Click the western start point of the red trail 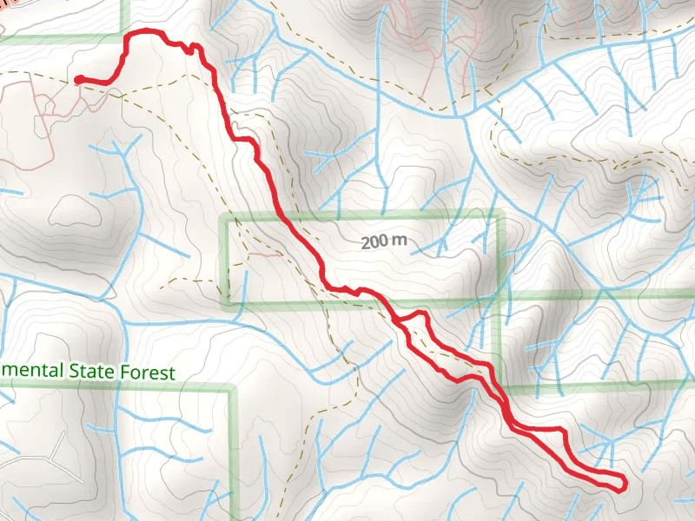pyautogui.click(x=79, y=80)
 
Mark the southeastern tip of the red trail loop pyautogui.click(x=623, y=487)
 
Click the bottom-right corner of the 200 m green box pyautogui.click(x=500, y=297)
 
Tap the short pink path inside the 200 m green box pyautogui.click(x=265, y=255)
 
